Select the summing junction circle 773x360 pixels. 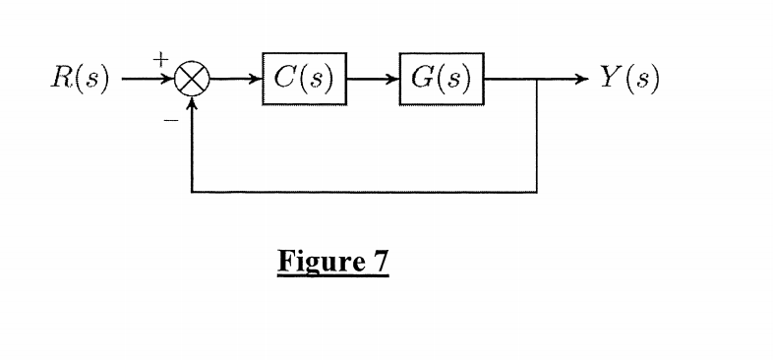pos(192,80)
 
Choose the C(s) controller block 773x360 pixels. pos(304,79)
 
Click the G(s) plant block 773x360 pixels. pos(440,79)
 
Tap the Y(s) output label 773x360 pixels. pos(628,78)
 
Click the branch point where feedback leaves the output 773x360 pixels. pos(537,79)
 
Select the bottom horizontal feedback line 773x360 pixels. pos(364,191)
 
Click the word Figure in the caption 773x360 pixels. pos(315,264)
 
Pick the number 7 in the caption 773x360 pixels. pos(380,263)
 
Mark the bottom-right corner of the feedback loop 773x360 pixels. pos(537,191)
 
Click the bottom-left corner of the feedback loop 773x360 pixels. pos(192,191)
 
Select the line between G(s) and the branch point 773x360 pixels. pos(509,79)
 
